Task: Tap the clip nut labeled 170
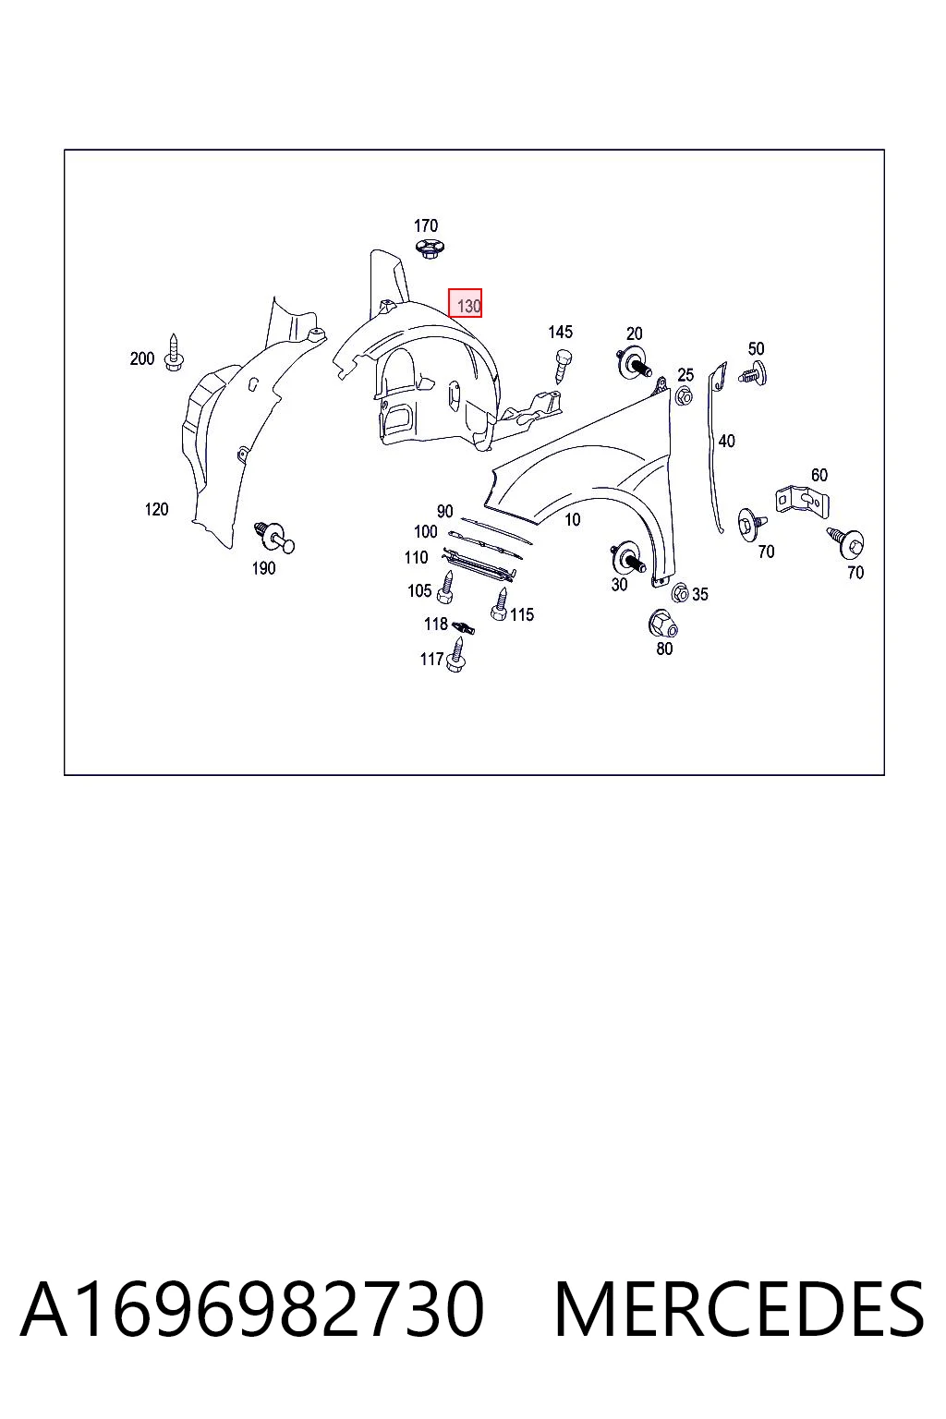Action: coord(429,249)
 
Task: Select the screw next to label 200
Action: coord(174,353)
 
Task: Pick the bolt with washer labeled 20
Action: coord(635,363)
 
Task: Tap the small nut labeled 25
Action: coord(683,396)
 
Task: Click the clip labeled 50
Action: coord(753,373)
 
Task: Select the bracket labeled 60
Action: coord(802,501)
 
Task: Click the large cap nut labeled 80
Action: coord(662,624)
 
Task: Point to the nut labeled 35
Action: coord(680,593)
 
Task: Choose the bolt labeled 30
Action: coord(626,557)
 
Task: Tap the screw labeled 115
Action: coord(500,603)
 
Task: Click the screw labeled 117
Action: coord(455,654)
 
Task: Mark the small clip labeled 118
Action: coord(464,627)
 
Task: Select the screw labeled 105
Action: coord(446,588)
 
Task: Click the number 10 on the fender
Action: coord(572,519)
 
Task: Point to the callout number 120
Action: coord(156,509)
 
